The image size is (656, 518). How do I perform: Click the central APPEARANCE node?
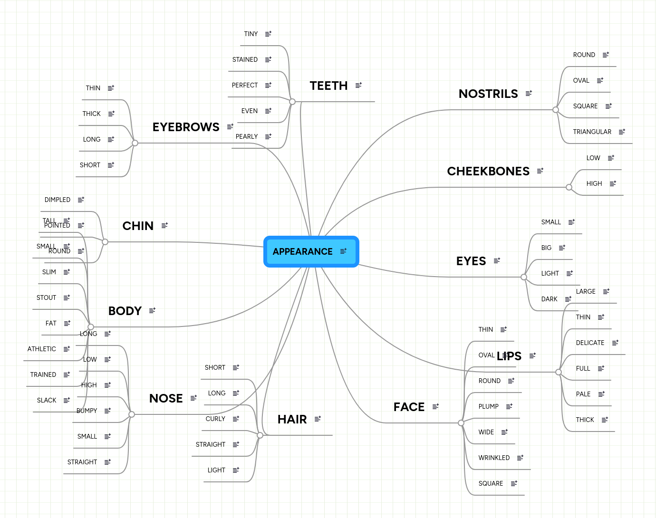[303, 251]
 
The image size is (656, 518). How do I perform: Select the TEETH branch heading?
[328, 86]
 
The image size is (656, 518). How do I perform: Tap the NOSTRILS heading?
[488, 94]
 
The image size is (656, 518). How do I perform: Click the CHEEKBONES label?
[488, 171]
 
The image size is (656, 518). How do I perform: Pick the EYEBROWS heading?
[186, 127]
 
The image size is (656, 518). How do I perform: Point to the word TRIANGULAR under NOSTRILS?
[592, 132]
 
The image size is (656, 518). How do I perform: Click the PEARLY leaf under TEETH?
[247, 136]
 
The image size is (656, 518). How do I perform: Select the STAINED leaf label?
[245, 59]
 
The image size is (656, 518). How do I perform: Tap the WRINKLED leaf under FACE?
[494, 458]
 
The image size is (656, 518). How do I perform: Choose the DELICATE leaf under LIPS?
[590, 343]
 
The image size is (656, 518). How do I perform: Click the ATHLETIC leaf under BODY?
[42, 349]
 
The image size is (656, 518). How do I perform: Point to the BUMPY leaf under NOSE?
[87, 411]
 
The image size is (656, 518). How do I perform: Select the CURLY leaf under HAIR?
[215, 419]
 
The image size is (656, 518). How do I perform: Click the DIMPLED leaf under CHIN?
[58, 200]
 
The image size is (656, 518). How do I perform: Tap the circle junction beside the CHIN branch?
[105, 242]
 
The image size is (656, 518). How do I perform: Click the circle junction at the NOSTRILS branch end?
[555, 110]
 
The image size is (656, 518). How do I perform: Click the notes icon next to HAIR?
[318, 419]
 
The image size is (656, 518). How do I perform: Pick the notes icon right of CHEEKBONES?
[540, 171]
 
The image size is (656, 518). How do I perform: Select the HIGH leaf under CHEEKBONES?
[594, 183]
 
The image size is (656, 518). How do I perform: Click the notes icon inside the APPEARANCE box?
[343, 251]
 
